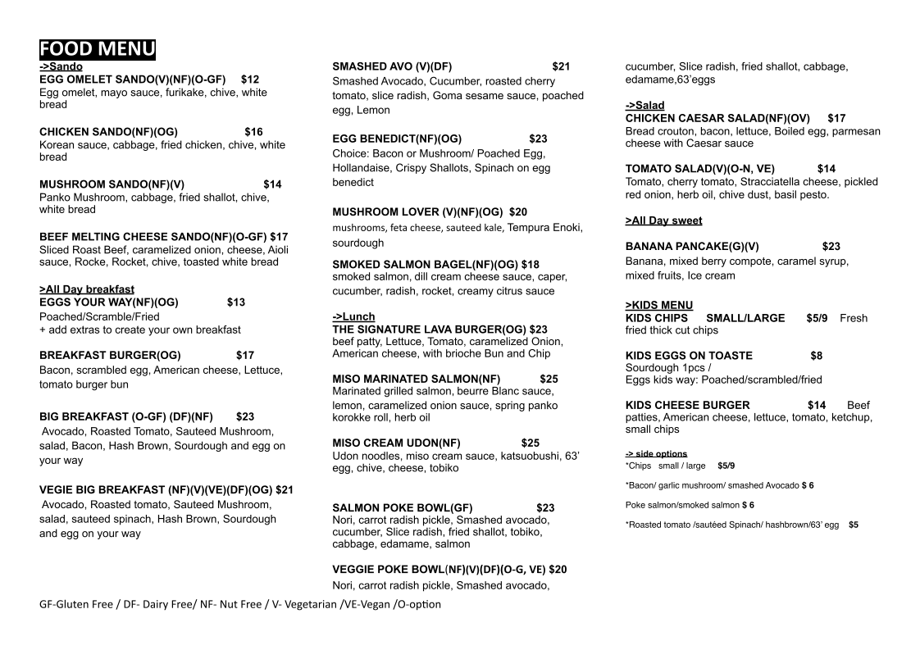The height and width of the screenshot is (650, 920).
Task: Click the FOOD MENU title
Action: pyautogui.click(x=97, y=49)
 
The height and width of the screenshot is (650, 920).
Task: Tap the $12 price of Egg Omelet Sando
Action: pyautogui.click(x=250, y=80)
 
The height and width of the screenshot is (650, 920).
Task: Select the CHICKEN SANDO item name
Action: pyautogui.click(x=108, y=131)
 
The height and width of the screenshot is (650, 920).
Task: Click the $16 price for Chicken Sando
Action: pyautogui.click(x=253, y=131)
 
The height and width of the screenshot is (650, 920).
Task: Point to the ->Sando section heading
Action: pyautogui.click(x=61, y=66)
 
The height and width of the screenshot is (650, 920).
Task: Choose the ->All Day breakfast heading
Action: pyautogui.click(x=86, y=289)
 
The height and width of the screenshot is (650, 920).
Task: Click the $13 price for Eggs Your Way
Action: pyautogui.click(x=236, y=302)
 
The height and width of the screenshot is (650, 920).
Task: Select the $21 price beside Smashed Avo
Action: pyautogui.click(x=561, y=66)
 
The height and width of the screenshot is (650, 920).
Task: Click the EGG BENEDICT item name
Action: pyautogui.click(x=397, y=139)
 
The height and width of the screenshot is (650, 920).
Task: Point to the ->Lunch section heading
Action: pyautogui.click(x=353, y=316)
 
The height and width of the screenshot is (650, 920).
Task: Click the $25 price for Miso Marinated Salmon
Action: pyautogui.click(x=549, y=379)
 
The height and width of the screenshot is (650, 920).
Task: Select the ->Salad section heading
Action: pyautogui.click(x=644, y=105)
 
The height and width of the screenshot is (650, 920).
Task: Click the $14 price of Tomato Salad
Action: pyautogui.click(x=826, y=169)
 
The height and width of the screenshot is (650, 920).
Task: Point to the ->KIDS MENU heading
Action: pyautogui.click(x=658, y=305)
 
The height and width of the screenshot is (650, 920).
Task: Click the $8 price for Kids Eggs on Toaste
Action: pyautogui.click(x=816, y=355)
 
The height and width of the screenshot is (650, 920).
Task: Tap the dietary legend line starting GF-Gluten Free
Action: pyautogui.click(x=239, y=604)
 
